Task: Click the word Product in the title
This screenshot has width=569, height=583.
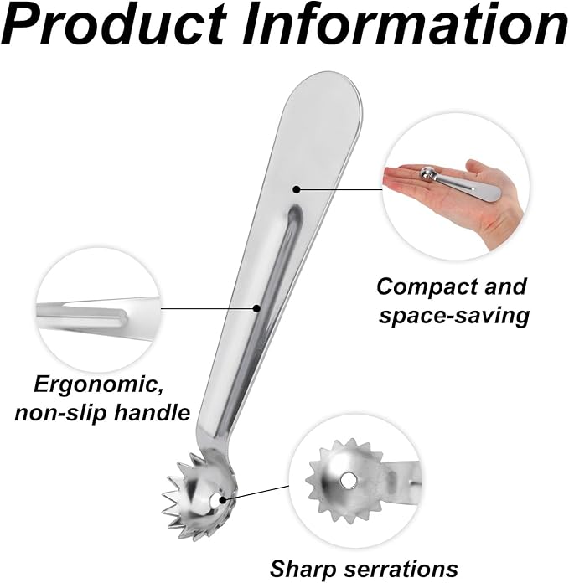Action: pyautogui.click(x=116, y=25)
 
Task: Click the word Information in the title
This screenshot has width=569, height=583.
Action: pyautogui.click(x=403, y=24)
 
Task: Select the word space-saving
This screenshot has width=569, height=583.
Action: pyautogui.click(x=454, y=316)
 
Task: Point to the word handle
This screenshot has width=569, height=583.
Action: pyautogui.click(x=152, y=412)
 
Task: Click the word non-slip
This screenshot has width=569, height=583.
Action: pyautogui.click(x=60, y=412)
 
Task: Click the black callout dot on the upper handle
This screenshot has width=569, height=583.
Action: pyautogui.click(x=296, y=189)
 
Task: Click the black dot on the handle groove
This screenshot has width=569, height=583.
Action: pyautogui.click(x=256, y=308)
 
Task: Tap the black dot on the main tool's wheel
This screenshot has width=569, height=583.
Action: pyautogui.click(x=223, y=500)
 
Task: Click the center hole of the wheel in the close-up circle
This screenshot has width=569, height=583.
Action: pyautogui.click(x=348, y=480)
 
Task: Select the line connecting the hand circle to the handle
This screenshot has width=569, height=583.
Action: pyautogui.click(x=339, y=189)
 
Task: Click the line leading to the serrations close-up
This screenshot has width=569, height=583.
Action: pyautogui.click(x=256, y=493)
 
